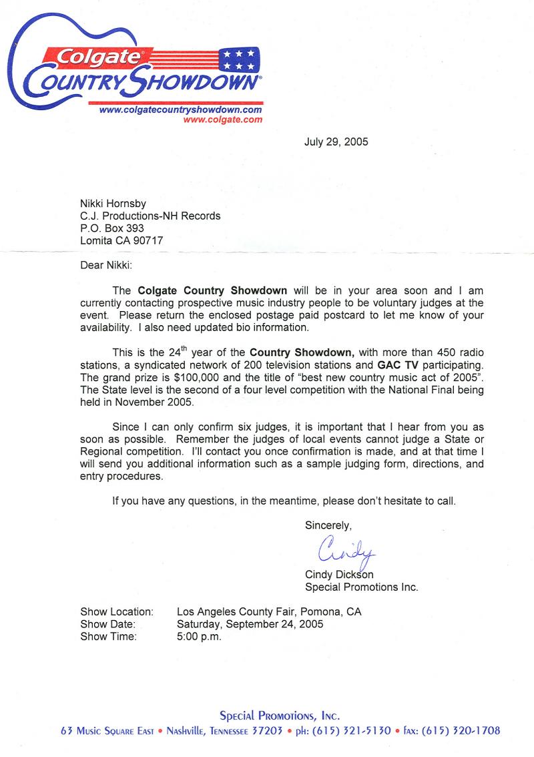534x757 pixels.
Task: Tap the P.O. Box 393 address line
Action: [x=111, y=228]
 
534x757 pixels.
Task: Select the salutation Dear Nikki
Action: [x=106, y=265]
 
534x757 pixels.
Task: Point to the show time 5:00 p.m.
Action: [x=199, y=636]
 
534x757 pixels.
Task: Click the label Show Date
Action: [x=108, y=624]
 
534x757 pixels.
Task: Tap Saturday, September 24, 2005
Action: [x=250, y=624]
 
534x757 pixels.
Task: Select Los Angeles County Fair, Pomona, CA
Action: [x=269, y=611]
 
